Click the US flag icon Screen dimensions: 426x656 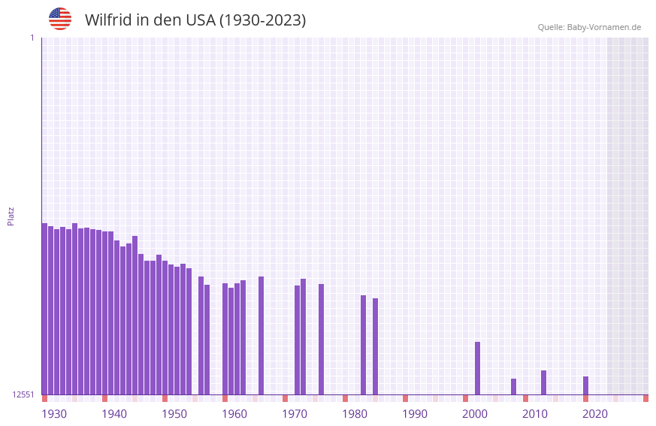tap(60, 19)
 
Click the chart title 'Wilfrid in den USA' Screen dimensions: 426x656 tap(195, 20)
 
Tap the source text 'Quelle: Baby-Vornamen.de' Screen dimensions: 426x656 tap(589, 27)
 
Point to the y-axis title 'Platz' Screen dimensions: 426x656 tap(11, 216)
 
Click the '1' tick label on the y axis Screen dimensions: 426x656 tap(32, 38)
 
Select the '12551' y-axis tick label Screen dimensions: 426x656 tap(23, 394)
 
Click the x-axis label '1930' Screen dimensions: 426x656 tap(54, 414)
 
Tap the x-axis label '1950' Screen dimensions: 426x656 tap(174, 414)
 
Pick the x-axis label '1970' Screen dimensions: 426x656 tap(295, 414)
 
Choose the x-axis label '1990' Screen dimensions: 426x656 tap(415, 414)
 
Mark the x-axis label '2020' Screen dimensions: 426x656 tap(595, 414)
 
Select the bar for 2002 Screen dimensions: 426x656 tap(477, 368)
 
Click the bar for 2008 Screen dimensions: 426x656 tap(513, 386)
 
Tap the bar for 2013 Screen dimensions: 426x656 tap(543, 382)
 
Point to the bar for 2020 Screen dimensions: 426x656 tap(585, 385)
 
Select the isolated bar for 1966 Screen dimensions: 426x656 tap(261, 335)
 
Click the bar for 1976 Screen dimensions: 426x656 tap(321, 339)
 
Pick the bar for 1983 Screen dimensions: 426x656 tap(363, 345)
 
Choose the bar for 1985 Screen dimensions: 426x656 tap(375, 346)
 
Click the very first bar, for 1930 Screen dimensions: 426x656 tap(44, 309)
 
